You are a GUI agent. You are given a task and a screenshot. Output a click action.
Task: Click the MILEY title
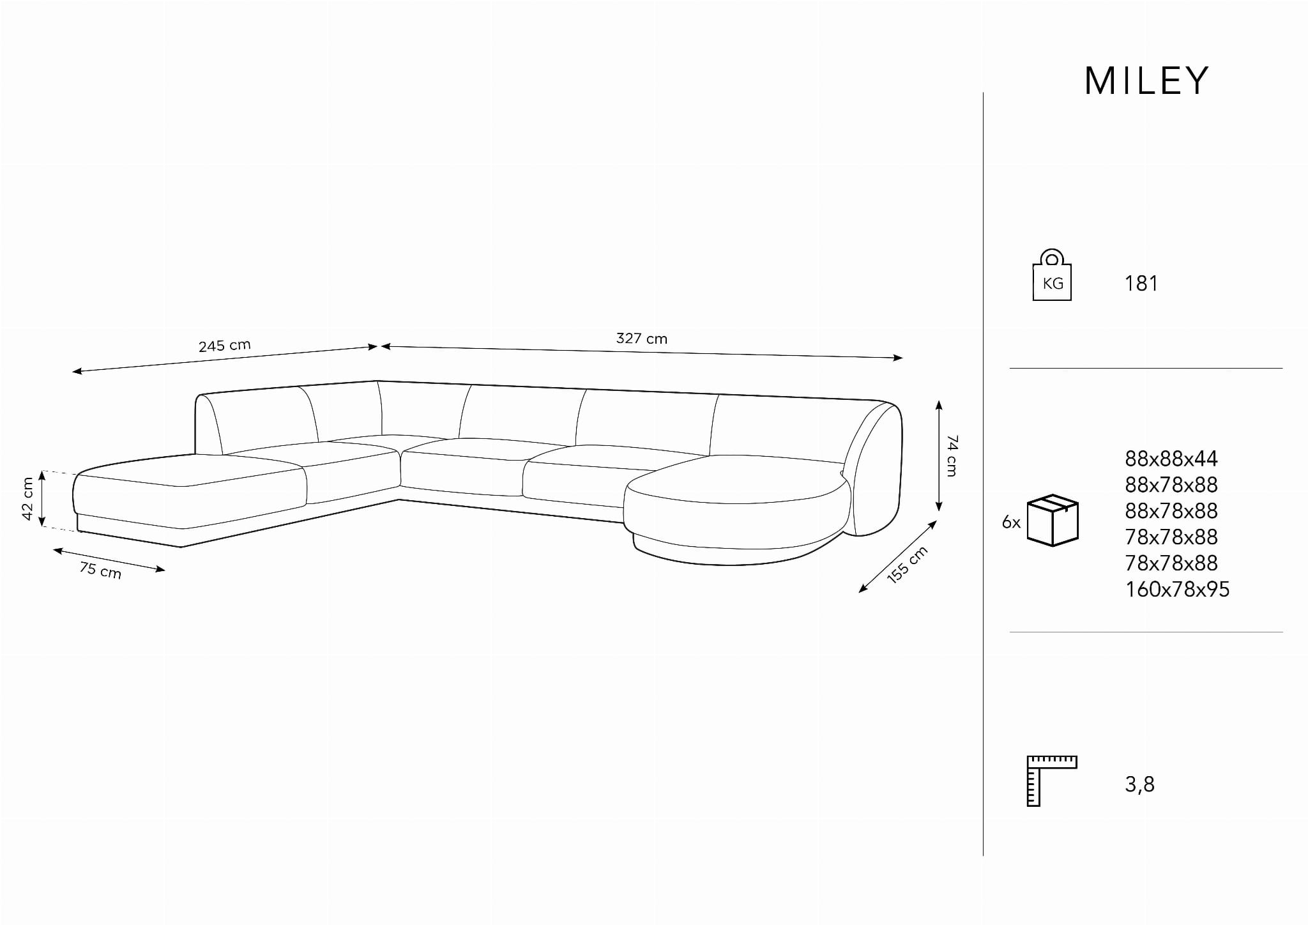[1146, 81]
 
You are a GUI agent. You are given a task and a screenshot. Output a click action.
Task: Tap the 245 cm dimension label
[225, 346]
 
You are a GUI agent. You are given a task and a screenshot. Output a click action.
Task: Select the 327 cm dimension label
[641, 339]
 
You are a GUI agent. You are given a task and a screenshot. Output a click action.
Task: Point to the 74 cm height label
[952, 455]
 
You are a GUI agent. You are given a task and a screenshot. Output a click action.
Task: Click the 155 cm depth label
[907, 565]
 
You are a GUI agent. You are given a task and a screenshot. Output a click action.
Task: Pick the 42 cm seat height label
[27, 498]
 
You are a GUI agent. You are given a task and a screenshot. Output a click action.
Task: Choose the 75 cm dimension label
[100, 569]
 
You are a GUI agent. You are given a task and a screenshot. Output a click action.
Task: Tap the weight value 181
[1141, 283]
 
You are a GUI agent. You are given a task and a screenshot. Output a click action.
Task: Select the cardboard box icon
[1053, 520]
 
